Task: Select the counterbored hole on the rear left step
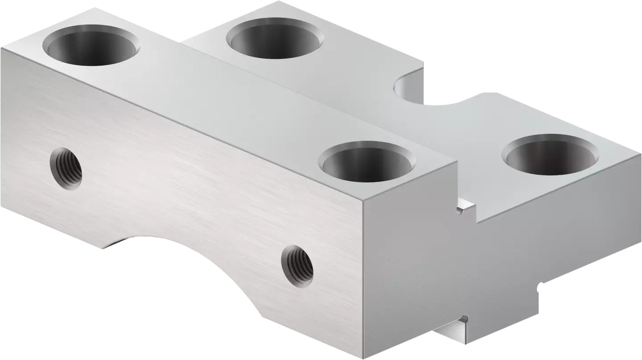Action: [x=275, y=39]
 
